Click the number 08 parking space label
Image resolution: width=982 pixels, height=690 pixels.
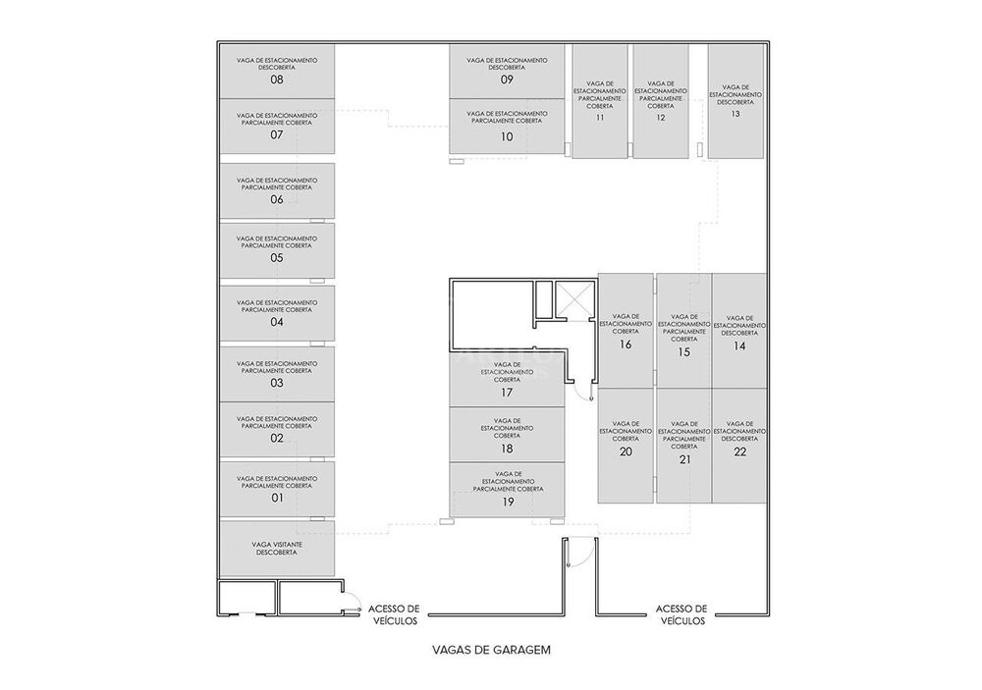276,80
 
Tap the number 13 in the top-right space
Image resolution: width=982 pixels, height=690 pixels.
736,114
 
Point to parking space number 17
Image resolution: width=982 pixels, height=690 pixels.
507,392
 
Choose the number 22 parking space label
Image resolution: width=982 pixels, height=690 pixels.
739,451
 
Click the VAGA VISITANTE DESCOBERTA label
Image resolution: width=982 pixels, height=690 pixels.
276,548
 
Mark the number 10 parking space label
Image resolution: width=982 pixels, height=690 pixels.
507,137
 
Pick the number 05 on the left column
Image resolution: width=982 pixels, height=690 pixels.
276,258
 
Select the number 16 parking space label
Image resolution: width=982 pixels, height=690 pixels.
626,345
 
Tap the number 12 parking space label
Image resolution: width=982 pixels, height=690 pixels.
661,118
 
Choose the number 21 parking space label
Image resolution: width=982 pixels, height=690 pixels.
684,458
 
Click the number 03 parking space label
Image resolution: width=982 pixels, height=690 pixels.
276,383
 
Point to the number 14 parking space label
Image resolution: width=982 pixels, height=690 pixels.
739,345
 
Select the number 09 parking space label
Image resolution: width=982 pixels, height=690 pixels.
507,80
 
